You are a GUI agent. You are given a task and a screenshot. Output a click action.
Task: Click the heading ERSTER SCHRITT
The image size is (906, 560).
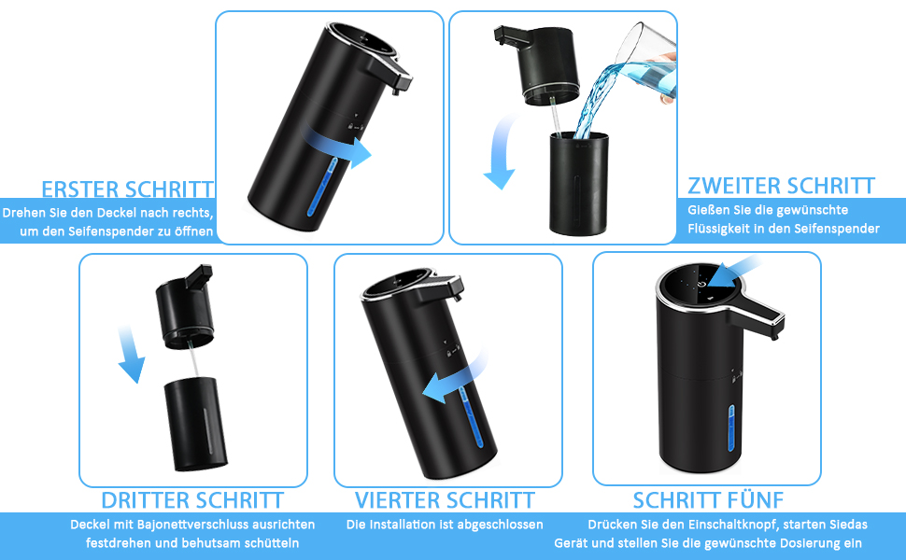128,189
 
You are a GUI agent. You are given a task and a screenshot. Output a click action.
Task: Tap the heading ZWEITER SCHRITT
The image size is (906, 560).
781,186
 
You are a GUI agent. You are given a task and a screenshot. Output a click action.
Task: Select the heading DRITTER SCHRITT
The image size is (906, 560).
192,500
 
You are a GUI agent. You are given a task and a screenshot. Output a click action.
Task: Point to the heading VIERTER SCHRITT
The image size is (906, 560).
445,500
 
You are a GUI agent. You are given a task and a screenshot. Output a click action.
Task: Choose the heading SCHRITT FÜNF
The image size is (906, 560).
708,500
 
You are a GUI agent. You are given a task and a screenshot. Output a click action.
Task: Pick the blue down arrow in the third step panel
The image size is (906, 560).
131,355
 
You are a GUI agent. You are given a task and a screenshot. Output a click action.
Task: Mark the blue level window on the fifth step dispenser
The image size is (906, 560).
731,429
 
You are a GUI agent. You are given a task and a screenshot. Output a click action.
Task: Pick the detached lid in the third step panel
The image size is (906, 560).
186,307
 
